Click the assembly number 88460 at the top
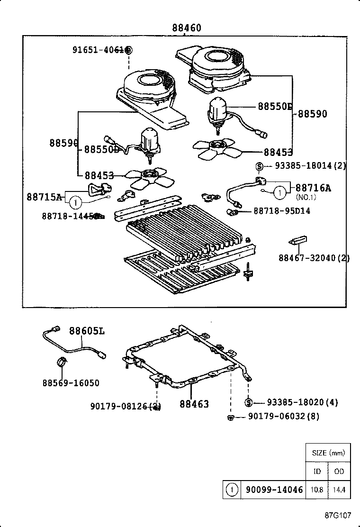[186, 28]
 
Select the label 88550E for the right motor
[275, 106]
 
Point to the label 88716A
[313, 188]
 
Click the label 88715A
[45, 197]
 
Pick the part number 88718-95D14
[282, 210]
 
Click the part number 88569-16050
[71, 383]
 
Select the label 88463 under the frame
[194, 404]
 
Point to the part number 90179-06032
[283, 417]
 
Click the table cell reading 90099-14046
[274, 490]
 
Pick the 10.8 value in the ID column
[317, 490]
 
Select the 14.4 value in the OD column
[339, 490]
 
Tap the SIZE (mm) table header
[328, 453]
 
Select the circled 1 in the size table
[232, 490]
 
